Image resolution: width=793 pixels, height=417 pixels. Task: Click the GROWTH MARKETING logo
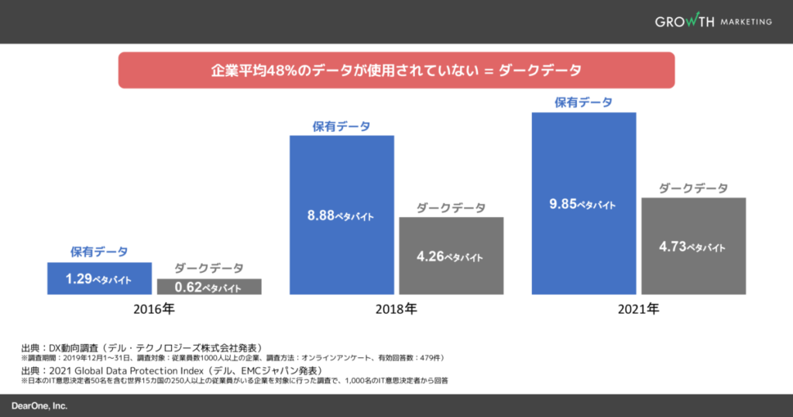click(712, 21)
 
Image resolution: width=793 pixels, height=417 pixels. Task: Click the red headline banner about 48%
click(396, 70)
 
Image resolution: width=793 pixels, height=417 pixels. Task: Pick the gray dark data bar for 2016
click(209, 287)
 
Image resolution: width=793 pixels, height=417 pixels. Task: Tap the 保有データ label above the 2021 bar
click(583, 102)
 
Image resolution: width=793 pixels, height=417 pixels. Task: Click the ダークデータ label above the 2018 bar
click(451, 208)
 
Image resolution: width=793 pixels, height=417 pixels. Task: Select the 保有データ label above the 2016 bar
click(99, 252)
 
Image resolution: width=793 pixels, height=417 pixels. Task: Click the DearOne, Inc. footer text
click(39, 405)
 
